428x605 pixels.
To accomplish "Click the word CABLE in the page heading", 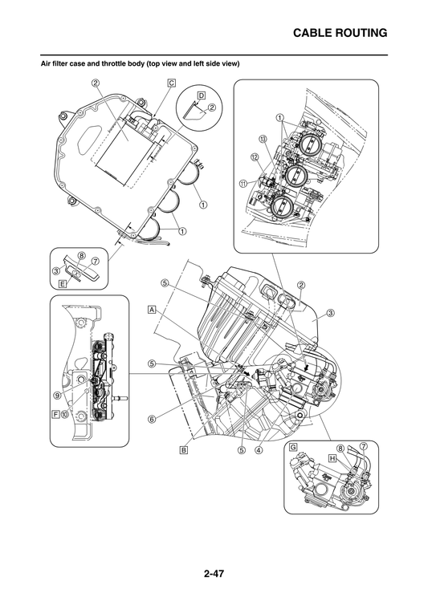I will tap(315, 33).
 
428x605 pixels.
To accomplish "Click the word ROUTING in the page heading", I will tap(363, 33).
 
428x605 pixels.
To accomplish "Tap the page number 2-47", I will tap(214, 573).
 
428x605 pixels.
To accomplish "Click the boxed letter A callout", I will tap(151, 308).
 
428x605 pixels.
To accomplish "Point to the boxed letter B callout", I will tap(183, 450).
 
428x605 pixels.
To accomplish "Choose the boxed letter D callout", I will tap(201, 95).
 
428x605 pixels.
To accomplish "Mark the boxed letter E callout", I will tap(63, 283).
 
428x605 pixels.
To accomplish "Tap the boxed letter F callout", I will tap(55, 415).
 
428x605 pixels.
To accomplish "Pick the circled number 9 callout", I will tap(58, 395).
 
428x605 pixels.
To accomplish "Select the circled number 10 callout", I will tap(65, 415).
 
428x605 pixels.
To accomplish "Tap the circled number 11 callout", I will tap(243, 182).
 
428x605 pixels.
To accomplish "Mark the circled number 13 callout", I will tap(263, 138).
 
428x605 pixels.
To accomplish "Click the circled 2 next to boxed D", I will tap(211, 107).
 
